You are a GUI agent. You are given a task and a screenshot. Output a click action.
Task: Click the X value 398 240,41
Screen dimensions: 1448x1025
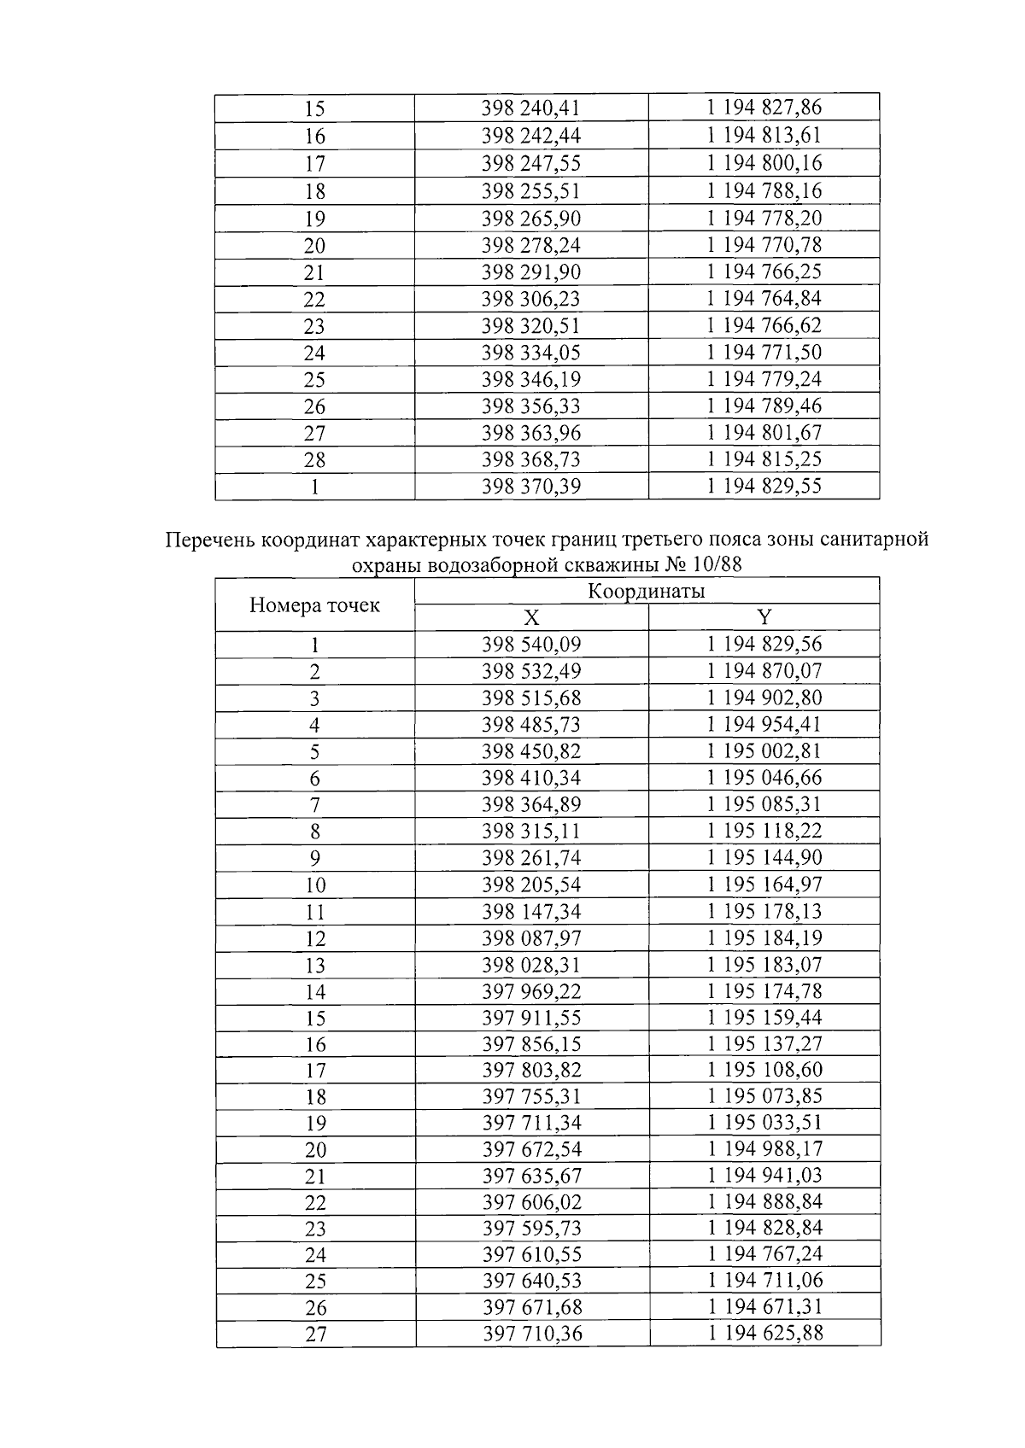tap(530, 108)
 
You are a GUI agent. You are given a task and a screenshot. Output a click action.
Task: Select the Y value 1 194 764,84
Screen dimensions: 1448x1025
tap(764, 299)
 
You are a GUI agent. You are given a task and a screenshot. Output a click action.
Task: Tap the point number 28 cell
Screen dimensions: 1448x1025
tap(314, 460)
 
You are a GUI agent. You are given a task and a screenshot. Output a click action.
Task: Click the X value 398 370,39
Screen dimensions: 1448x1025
tap(530, 487)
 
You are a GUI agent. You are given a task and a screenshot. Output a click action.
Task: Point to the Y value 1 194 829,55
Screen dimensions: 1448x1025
tap(764, 486)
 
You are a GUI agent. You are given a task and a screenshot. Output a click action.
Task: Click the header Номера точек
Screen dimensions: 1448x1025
tap(314, 605)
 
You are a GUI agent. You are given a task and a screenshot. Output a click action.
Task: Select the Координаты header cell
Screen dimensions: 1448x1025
tap(646, 591)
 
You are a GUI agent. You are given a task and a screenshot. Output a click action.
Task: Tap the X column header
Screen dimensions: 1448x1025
tap(530, 618)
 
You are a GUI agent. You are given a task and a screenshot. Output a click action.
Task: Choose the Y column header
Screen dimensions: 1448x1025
tap(764, 617)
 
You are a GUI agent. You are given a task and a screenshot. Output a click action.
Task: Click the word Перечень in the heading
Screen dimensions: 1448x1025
tap(209, 540)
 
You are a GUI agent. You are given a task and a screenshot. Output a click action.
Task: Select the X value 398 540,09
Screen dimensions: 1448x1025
tap(530, 645)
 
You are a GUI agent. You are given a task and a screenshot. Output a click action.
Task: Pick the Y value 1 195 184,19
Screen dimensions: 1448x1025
tap(764, 938)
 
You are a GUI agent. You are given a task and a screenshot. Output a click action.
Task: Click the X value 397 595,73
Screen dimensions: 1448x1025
tap(530, 1228)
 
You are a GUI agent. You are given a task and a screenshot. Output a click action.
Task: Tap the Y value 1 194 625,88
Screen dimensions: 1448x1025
tap(764, 1333)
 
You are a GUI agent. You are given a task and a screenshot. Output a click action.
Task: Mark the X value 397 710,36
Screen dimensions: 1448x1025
tap(530, 1334)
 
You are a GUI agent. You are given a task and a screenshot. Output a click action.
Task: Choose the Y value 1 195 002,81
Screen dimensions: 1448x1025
tap(764, 751)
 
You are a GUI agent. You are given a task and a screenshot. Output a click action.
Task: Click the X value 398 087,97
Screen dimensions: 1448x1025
tap(530, 938)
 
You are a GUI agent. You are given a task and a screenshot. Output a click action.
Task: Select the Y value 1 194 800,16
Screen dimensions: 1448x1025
tap(764, 162)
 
